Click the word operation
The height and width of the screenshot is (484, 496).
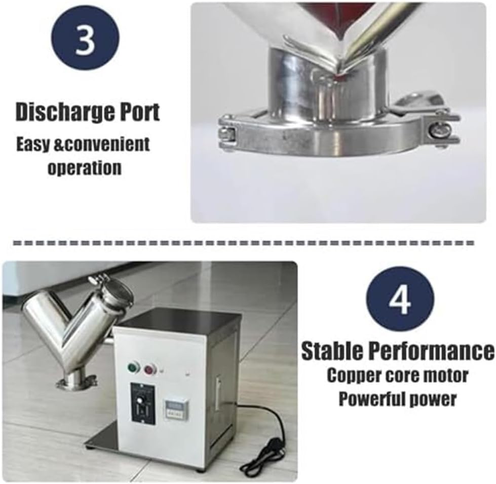tap(85, 167)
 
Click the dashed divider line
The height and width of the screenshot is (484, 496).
tap(243, 244)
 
